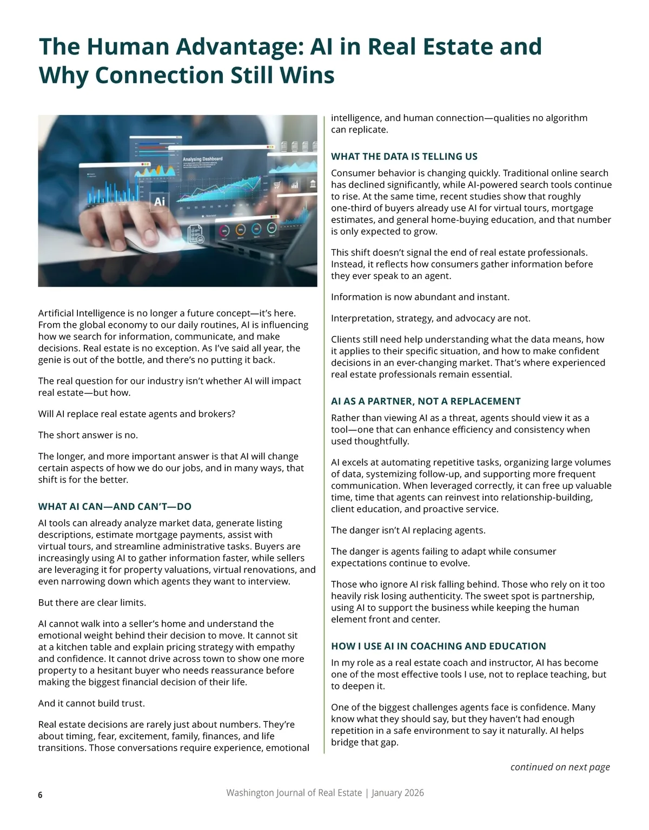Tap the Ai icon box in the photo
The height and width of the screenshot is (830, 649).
pyautogui.click(x=160, y=202)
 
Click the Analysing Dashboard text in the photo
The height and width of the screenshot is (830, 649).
pyautogui.click(x=203, y=159)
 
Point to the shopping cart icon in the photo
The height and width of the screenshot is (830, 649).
pyautogui.click(x=277, y=185)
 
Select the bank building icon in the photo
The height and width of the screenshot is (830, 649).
pyautogui.click(x=312, y=184)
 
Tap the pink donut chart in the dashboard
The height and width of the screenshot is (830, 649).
pyautogui.click(x=224, y=230)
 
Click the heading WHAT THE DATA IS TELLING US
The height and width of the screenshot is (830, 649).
pyautogui.click(x=404, y=157)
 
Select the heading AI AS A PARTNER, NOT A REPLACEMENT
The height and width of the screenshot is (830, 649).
pyautogui.click(x=426, y=401)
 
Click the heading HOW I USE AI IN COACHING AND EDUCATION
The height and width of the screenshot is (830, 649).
pyautogui.click(x=439, y=646)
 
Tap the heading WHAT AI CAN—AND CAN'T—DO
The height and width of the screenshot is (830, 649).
pyautogui.click(x=115, y=507)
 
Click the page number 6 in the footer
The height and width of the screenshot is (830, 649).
pyautogui.click(x=40, y=794)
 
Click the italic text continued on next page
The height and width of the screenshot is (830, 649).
pyautogui.click(x=560, y=767)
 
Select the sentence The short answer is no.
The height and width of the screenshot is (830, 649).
pyautogui.click(x=88, y=435)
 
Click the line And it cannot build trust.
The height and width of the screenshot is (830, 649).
pyautogui.click(x=91, y=703)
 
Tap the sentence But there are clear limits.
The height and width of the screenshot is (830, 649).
pyautogui.click(x=92, y=602)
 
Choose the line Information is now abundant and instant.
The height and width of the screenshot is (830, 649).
pyautogui.click(x=420, y=297)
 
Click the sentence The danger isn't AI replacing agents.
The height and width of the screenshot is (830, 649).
pyautogui.click(x=408, y=530)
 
